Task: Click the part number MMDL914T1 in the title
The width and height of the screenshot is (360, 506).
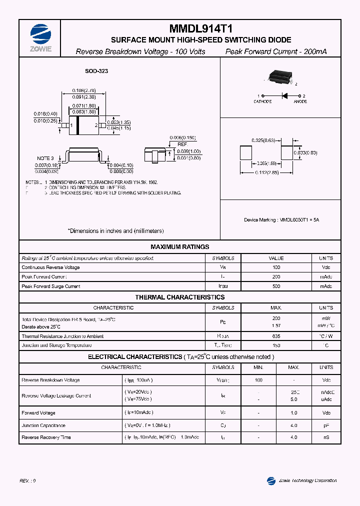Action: coord(201,28)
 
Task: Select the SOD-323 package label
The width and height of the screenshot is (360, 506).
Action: coord(96,71)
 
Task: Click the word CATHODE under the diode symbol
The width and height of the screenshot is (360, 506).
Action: coord(262,101)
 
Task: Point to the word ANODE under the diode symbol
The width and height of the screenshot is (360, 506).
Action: coord(300,101)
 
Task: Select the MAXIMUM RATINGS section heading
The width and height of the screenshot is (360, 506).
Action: coord(180,247)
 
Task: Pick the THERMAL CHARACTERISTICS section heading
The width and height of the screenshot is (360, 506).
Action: coord(180,297)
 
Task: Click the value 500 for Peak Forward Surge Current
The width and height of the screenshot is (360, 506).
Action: coord(276,286)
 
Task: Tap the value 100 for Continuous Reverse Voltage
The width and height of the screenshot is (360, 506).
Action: coord(276,267)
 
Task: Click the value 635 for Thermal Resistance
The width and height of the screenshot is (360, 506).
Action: coord(276,336)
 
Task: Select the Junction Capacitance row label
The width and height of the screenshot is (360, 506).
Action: coord(43,425)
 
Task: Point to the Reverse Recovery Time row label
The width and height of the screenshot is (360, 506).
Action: coord(46,437)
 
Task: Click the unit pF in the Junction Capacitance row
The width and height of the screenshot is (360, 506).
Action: coord(326,425)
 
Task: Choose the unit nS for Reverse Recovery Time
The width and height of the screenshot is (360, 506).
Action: coord(326,437)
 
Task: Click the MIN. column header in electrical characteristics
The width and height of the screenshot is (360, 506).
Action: coord(258,367)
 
